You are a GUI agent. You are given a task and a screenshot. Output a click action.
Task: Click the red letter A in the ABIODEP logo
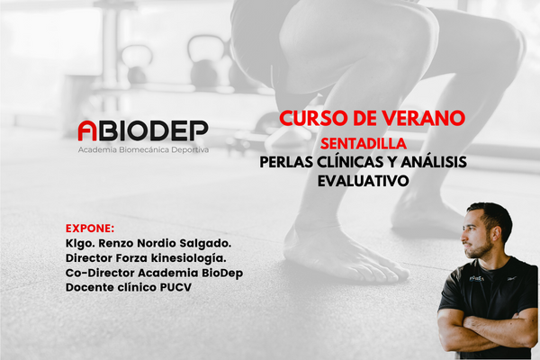[87, 130]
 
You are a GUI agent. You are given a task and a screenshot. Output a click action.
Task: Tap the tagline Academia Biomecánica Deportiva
[143, 150]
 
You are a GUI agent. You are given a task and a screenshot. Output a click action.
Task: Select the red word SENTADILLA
[364, 143]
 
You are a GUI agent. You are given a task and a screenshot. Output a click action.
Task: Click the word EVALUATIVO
[364, 181]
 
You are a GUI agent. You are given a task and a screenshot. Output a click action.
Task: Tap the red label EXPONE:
[90, 229]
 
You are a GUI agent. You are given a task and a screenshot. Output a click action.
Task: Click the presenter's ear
[496, 233]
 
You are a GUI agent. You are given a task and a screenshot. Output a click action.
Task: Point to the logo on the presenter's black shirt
[477, 278]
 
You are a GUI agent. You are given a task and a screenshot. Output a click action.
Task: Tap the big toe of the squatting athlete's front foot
[400, 274]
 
